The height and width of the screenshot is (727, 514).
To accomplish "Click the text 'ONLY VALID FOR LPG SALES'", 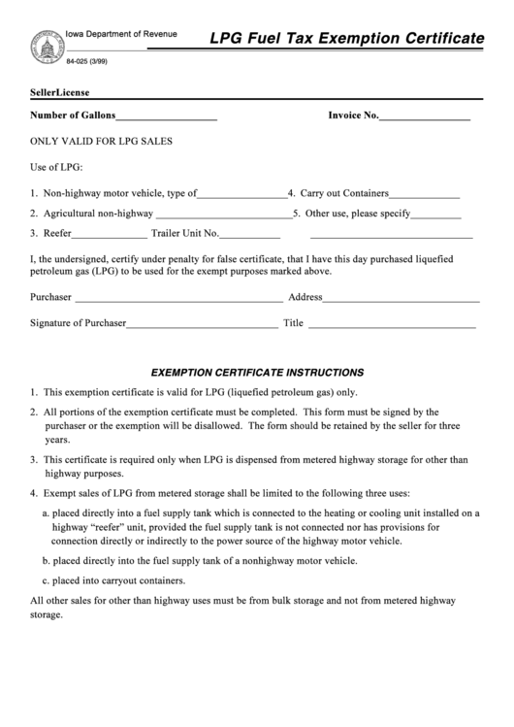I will [101, 141].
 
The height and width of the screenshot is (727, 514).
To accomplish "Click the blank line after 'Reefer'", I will [110, 234].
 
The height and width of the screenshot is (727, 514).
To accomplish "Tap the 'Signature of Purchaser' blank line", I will [203, 324].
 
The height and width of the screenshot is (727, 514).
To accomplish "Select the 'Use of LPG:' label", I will [57, 167].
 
